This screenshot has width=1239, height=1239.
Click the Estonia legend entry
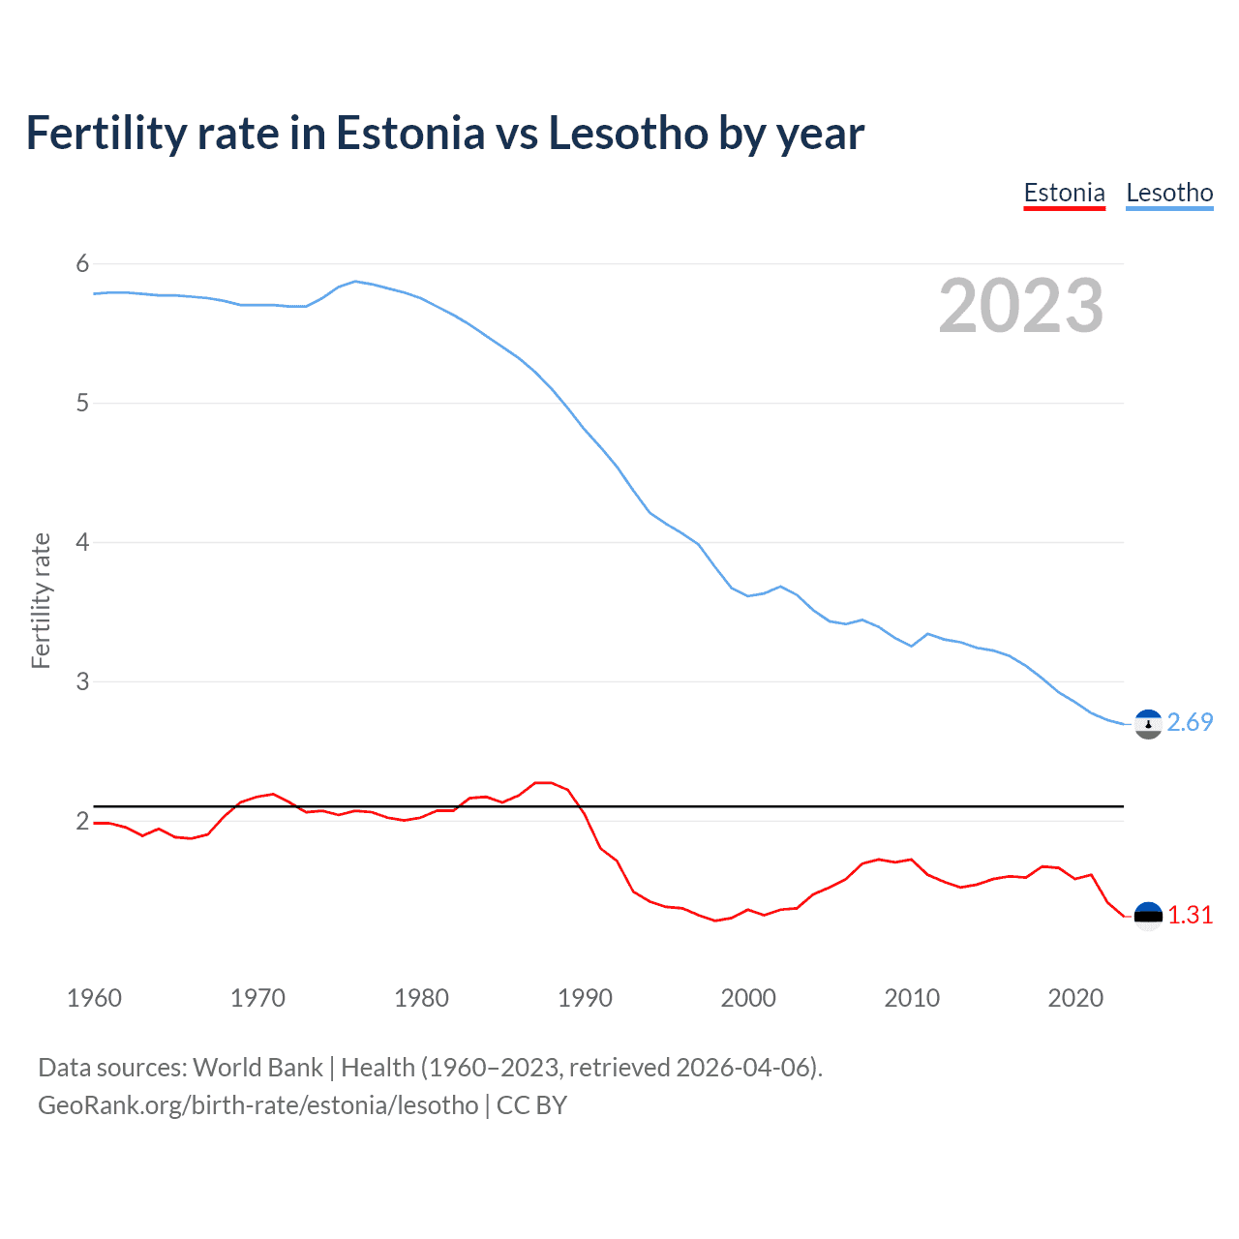pyautogui.click(x=1064, y=193)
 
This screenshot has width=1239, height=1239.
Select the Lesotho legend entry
pyautogui.click(x=1169, y=193)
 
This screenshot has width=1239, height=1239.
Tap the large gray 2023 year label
pyautogui.click(x=1021, y=306)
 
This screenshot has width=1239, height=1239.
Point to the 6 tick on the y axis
pyautogui.click(x=82, y=263)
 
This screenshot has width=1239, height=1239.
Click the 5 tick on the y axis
pyautogui.click(x=82, y=403)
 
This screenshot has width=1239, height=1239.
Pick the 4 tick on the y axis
pyautogui.click(x=82, y=542)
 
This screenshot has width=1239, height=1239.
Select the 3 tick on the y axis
pyautogui.click(x=82, y=681)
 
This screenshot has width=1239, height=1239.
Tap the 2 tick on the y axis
pyautogui.click(x=82, y=821)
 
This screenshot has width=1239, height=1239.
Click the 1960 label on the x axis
pyautogui.click(x=94, y=998)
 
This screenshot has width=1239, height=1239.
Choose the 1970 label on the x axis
pyautogui.click(x=257, y=998)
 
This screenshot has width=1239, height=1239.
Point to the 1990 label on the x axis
pyautogui.click(x=585, y=998)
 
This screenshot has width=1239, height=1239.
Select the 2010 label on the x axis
pyautogui.click(x=912, y=998)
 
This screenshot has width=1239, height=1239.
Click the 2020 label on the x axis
pyautogui.click(x=1075, y=998)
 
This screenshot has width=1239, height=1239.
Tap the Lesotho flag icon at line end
pyautogui.click(x=1148, y=723)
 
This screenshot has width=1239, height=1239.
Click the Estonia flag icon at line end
pyautogui.click(x=1148, y=915)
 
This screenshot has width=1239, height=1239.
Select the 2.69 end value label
pyautogui.click(x=1190, y=723)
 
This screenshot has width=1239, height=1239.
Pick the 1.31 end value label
pyautogui.click(x=1190, y=915)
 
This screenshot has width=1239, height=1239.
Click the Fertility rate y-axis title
pyautogui.click(x=41, y=600)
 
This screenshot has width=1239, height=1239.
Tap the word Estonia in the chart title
pyautogui.click(x=409, y=134)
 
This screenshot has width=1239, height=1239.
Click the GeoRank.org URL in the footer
pyautogui.click(x=257, y=1105)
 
